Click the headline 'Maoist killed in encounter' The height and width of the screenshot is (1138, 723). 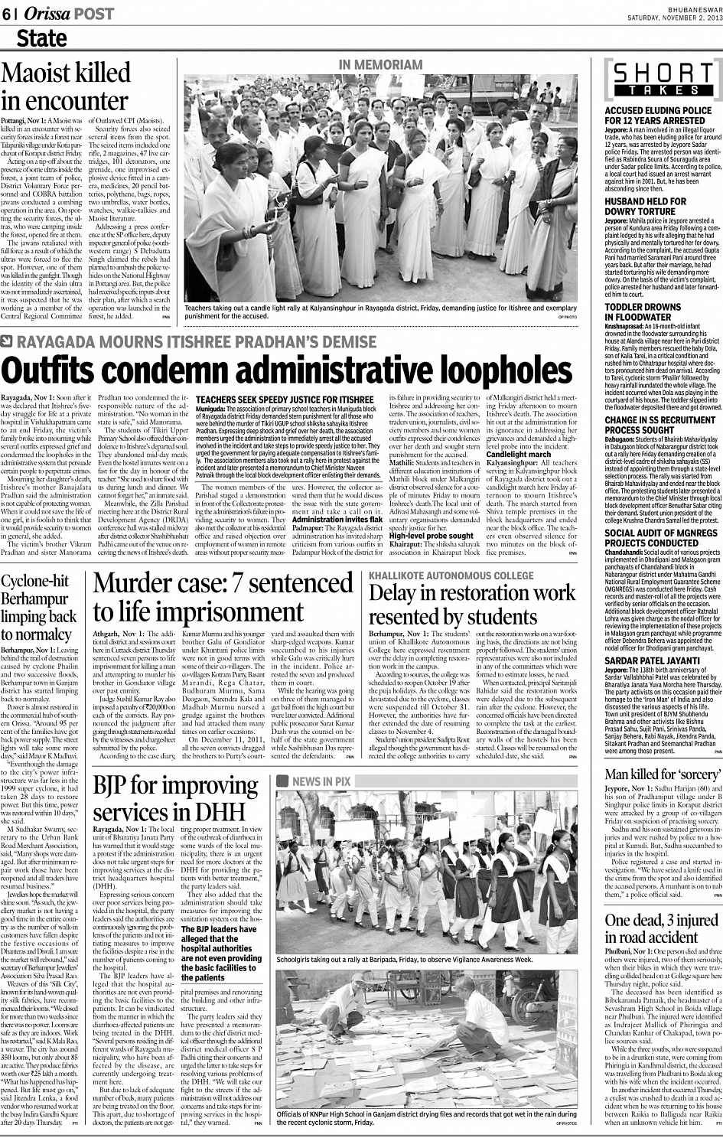coord(66,86)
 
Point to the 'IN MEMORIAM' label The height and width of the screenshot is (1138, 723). coord(380,65)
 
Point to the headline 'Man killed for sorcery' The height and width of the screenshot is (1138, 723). coord(663,774)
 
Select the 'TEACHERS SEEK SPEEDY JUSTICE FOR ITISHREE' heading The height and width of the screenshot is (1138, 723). coord(285,399)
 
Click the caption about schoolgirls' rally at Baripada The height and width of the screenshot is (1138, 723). coord(404,959)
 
